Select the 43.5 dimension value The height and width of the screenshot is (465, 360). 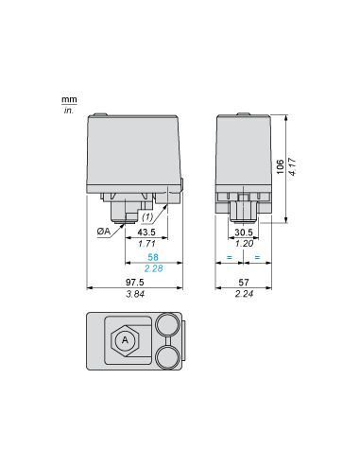[147, 232]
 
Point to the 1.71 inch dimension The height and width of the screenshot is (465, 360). [147, 244]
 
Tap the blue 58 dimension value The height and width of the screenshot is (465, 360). [153, 258]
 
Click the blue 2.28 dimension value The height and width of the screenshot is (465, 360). [153, 269]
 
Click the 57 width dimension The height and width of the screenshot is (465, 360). [244, 283]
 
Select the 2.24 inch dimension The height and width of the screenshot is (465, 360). [244, 294]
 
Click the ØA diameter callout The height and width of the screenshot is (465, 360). [103, 230]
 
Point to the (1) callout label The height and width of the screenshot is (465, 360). [175, 215]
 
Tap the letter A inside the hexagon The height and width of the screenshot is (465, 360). [124, 339]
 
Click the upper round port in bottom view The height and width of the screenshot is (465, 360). [168, 324]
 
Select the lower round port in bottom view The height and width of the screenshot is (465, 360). [168, 356]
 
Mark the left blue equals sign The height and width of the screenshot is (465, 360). [231, 258]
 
